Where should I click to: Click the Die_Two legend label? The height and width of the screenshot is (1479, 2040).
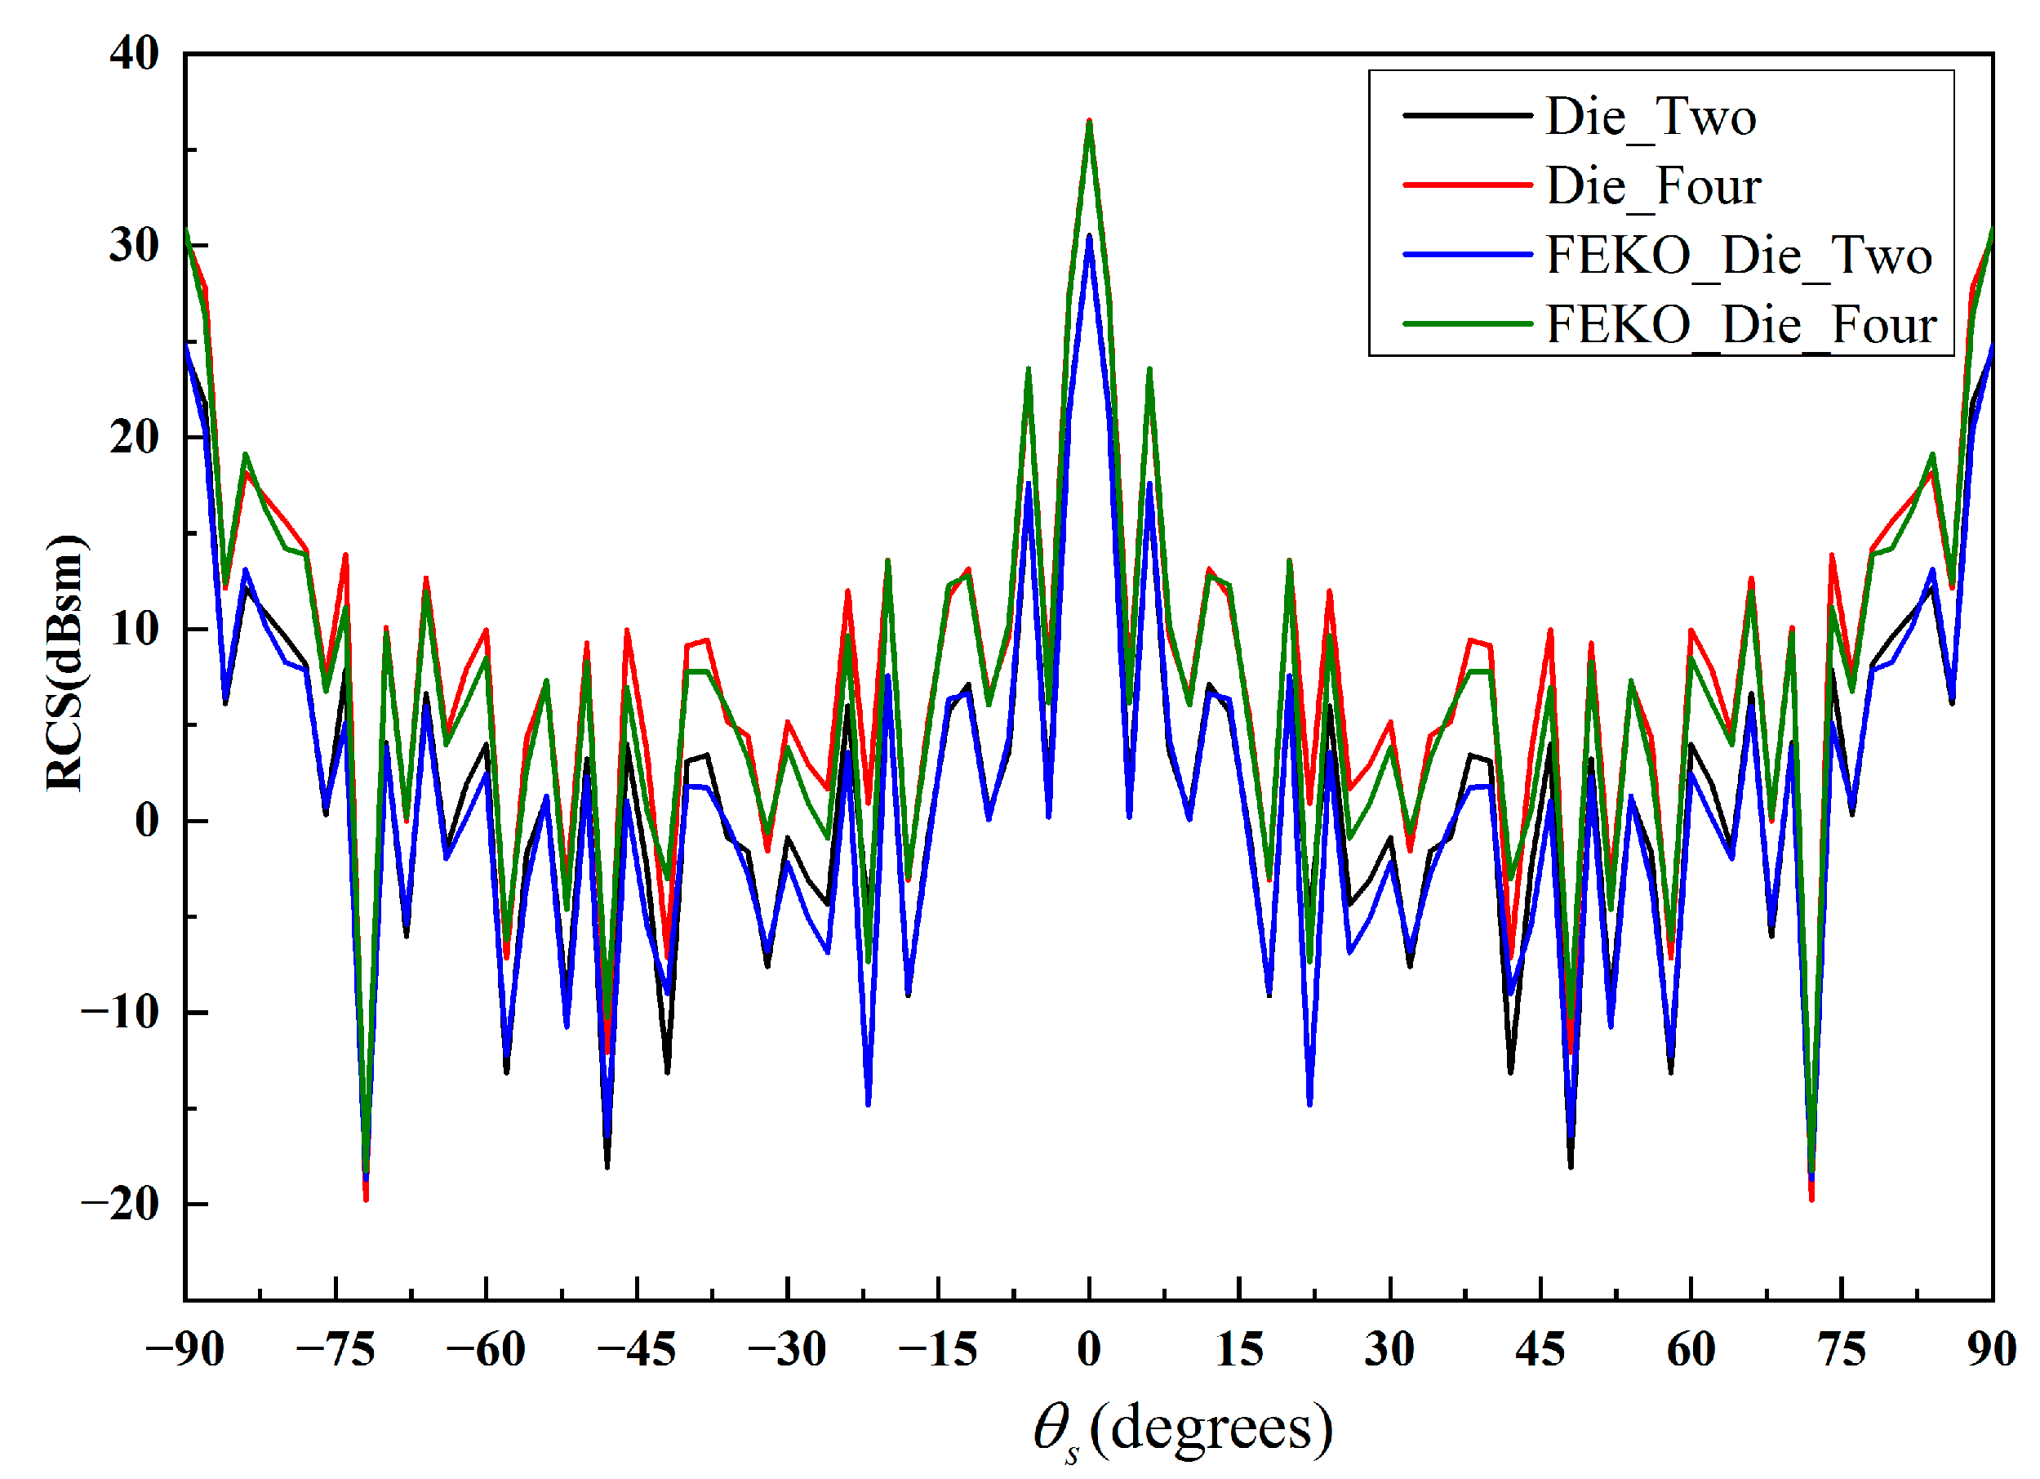[x=1651, y=117]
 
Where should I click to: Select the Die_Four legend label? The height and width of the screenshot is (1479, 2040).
[x=1653, y=186]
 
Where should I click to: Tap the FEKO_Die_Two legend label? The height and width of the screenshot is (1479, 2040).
[x=1739, y=256]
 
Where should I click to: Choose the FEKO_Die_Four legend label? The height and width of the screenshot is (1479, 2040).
[x=1741, y=325]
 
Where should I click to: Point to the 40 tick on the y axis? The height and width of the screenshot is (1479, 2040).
[x=135, y=54]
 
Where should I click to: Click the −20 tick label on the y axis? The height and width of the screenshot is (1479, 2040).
[x=121, y=1204]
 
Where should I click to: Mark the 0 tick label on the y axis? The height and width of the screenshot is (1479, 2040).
[x=148, y=821]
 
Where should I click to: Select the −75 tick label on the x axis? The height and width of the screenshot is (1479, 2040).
[x=336, y=1349]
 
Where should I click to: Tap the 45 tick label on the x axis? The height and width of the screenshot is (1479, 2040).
[x=1540, y=1349]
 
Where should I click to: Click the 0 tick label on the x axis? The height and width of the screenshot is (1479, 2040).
[x=1089, y=1349]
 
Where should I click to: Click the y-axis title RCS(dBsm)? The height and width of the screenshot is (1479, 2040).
[x=64, y=663]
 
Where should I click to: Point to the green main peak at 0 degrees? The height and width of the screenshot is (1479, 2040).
[x=1089, y=123]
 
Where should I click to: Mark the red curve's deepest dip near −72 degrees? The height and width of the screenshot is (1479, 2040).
[x=366, y=1199]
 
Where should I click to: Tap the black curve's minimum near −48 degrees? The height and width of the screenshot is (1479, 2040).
[x=607, y=1167]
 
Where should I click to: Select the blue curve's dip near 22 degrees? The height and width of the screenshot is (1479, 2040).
[x=1309, y=1104]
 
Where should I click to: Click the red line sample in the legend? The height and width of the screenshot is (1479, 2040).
[x=1467, y=185]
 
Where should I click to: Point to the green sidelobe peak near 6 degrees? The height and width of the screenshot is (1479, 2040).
[x=1149, y=369]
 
